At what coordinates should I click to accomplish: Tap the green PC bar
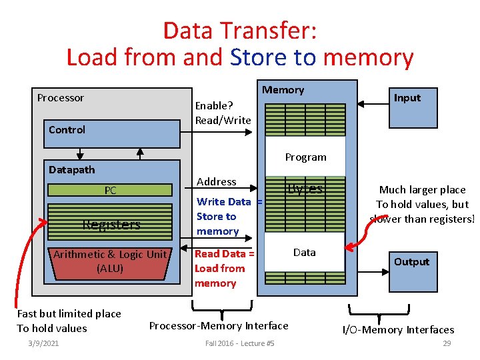click(110, 191)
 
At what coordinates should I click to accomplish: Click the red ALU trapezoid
click(110, 261)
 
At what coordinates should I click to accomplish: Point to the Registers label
click(111, 225)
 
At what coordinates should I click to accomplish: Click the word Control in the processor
click(67, 129)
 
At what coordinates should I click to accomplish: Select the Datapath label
click(71, 169)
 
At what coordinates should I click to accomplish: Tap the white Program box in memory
click(305, 157)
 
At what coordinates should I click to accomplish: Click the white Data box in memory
click(305, 252)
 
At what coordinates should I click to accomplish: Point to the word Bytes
click(305, 189)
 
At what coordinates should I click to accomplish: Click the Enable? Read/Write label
click(223, 113)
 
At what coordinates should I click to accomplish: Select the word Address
click(217, 181)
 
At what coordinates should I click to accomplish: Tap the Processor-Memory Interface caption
click(219, 325)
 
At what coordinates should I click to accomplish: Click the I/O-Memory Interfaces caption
click(398, 329)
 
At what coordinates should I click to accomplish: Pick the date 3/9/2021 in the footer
click(43, 343)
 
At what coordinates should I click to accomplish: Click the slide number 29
click(447, 343)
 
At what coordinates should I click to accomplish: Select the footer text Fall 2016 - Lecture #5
click(239, 343)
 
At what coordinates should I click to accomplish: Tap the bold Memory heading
click(283, 90)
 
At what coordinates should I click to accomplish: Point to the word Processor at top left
click(61, 98)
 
